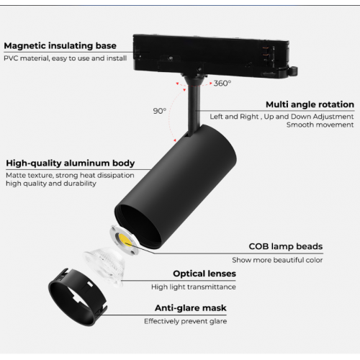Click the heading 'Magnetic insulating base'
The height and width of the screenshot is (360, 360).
pyautogui.click(x=60, y=46)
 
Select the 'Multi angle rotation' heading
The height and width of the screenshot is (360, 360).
pyautogui.click(x=310, y=104)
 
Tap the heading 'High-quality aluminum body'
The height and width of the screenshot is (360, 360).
pyautogui.click(x=71, y=163)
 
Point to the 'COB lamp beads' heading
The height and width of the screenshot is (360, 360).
pyautogui.click(x=286, y=246)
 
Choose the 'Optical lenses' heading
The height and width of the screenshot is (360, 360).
pyautogui.click(x=204, y=274)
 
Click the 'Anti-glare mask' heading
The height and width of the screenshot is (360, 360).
pyautogui.click(x=191, y=308)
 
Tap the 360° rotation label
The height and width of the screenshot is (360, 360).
pyautogui.click(x=222, y=84)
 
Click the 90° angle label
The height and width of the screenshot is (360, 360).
pyautogui.click(x=160, y=111)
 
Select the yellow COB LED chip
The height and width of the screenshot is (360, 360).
pyautogui.click(x=125, y=240)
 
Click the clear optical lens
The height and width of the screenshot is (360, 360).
pyautogui.click(x=104, y=266)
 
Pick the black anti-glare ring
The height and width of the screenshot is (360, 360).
pyautogui.click(x=77, y=297)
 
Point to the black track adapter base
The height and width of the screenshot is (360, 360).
pyautogui.click(x=211, y=56)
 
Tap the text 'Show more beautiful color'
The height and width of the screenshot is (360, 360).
pyautogui.click(x=277, y=260)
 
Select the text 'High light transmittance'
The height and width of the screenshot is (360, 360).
pyautogui.click(x=194, y=287)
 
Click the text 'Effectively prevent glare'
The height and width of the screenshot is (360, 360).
pyautogui.click(x=186, y=321)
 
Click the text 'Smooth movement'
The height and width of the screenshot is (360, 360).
pyautogui.click(x=320, y=125)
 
